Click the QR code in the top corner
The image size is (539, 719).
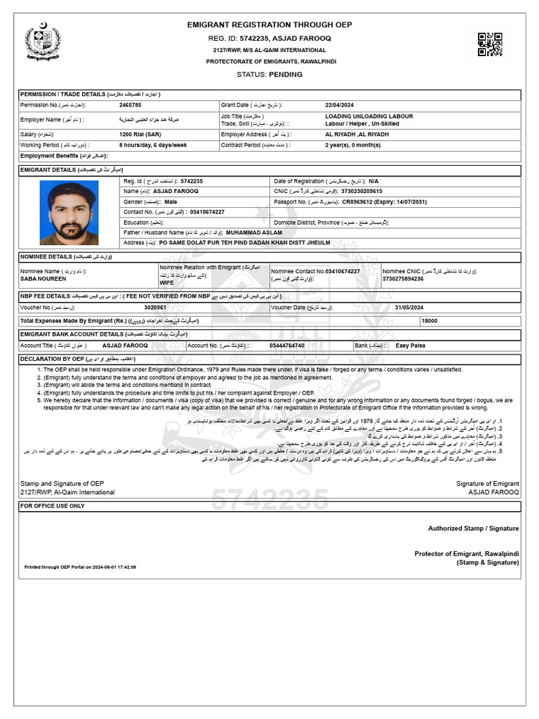(490, 44)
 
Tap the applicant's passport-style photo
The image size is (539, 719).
(69, 213)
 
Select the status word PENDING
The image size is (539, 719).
(289, 74)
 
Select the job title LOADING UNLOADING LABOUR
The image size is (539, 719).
(368, 116)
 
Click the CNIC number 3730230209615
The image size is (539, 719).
(362, 191)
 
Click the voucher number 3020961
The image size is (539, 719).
(155, 308)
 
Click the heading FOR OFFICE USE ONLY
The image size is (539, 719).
(53, 506)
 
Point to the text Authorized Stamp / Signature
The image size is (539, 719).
(474, 528)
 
